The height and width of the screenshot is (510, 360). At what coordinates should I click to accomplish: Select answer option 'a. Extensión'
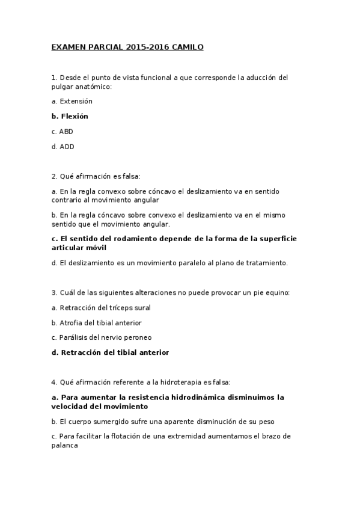tap(72, 101)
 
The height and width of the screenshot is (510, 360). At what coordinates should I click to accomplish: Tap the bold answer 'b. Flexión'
tap(70, 116)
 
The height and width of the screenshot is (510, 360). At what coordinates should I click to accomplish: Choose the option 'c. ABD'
tap(63, 131)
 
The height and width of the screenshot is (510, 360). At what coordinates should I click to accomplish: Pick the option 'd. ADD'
tap(63, 146)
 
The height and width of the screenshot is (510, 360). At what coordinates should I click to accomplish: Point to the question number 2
tap(54, 176)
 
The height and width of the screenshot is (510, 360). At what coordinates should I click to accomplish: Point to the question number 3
tap(54, 293)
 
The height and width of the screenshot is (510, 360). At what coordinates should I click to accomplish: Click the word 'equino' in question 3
tap(277, 293)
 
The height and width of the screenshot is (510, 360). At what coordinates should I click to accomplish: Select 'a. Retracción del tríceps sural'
tap(101, 307)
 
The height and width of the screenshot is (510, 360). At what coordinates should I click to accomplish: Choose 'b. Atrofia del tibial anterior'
tap(97, 323)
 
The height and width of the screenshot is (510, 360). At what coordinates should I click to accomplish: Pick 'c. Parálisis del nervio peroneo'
tap(102, 337)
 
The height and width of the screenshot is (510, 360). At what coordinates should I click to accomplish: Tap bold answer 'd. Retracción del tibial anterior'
tap(110, 352)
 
